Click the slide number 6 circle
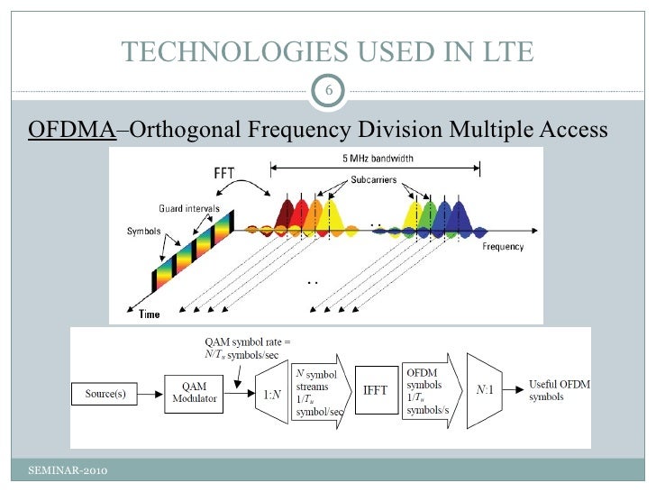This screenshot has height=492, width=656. tap(329, 91)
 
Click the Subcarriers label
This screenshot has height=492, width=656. tap(376, 180)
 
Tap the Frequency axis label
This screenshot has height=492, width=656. tap(506, 247)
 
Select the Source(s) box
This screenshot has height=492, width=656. tap(111, 394)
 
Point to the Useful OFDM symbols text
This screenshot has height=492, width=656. tap(558, 390)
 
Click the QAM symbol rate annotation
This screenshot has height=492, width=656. tap(246, 347)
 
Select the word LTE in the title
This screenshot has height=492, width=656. tap(506, 53)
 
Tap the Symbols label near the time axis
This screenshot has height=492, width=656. tap(142, 230)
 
